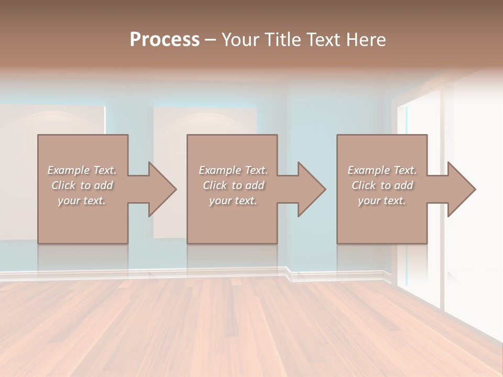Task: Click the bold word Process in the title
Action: coord(165,40)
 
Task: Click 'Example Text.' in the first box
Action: coord(82,170)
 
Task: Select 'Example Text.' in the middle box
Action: coord(233,170)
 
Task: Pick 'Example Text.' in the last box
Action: coord(382,170)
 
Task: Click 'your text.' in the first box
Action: coord(82,201)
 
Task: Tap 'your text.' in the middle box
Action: coord(233,201)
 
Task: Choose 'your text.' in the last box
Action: coord(382,201)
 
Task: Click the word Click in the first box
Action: coord(63,185)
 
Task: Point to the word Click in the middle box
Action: coord(214,185)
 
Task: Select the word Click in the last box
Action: coord(364,185)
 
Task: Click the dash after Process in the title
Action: coord(211,40)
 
